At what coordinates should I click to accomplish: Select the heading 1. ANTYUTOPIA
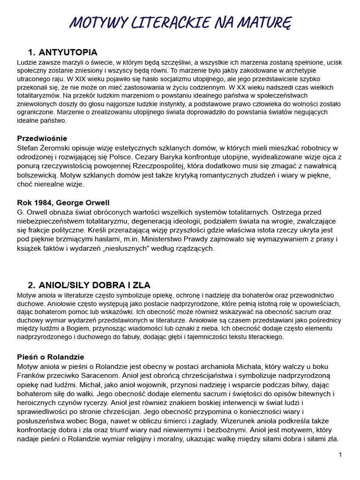[62, 52]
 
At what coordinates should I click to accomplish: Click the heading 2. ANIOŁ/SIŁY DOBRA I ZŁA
[89, 285]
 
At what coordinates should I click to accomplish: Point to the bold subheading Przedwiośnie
[42, 138]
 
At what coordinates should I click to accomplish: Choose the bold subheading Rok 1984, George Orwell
[63, 202]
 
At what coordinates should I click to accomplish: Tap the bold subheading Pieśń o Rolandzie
[51, 357]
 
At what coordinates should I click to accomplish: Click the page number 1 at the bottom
[340, 455]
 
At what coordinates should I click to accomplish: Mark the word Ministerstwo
[221, 239]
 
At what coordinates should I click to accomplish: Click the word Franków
[32, 375]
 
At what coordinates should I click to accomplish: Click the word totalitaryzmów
[37, 95]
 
